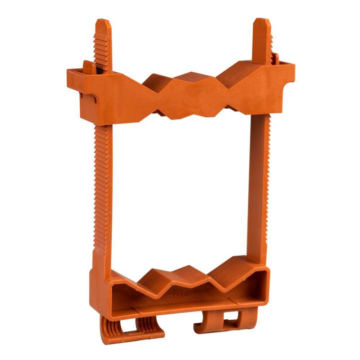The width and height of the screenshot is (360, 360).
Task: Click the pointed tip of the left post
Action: pos(103,22)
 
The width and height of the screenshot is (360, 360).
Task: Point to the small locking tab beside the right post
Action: pos(276,58)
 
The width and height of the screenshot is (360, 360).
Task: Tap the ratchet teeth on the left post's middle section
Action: pos(102,180)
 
